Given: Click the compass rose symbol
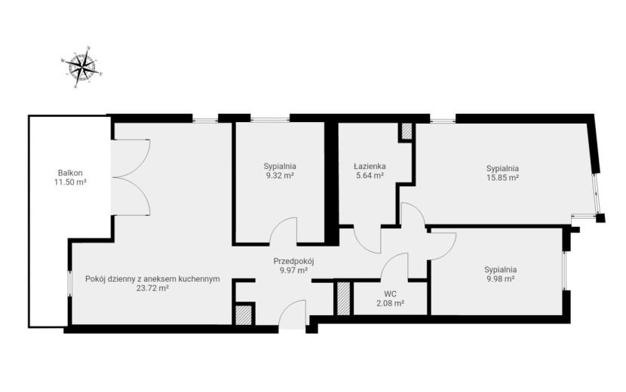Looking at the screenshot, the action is coord(82,66).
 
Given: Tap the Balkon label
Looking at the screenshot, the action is coord(70,173).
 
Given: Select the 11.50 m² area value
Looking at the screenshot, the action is coord(71,182).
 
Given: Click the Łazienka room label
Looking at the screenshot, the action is coord(370,166).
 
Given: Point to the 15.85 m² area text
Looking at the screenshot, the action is coord(502,178).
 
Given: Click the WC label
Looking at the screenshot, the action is coord(390,294).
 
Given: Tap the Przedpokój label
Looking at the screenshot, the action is coord(294,262).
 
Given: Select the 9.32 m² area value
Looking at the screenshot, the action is coord(280,175).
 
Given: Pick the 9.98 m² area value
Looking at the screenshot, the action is coord(500,279).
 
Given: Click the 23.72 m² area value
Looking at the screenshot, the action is coord(152,288).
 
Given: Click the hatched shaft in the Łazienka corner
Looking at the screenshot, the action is coord(407,131).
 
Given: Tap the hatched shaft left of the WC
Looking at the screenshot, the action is coord(343,299).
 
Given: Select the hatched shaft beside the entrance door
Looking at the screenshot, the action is coord(243,315).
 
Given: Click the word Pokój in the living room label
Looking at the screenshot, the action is coord(94,279).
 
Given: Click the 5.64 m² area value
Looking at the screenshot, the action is coord(370,175).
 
